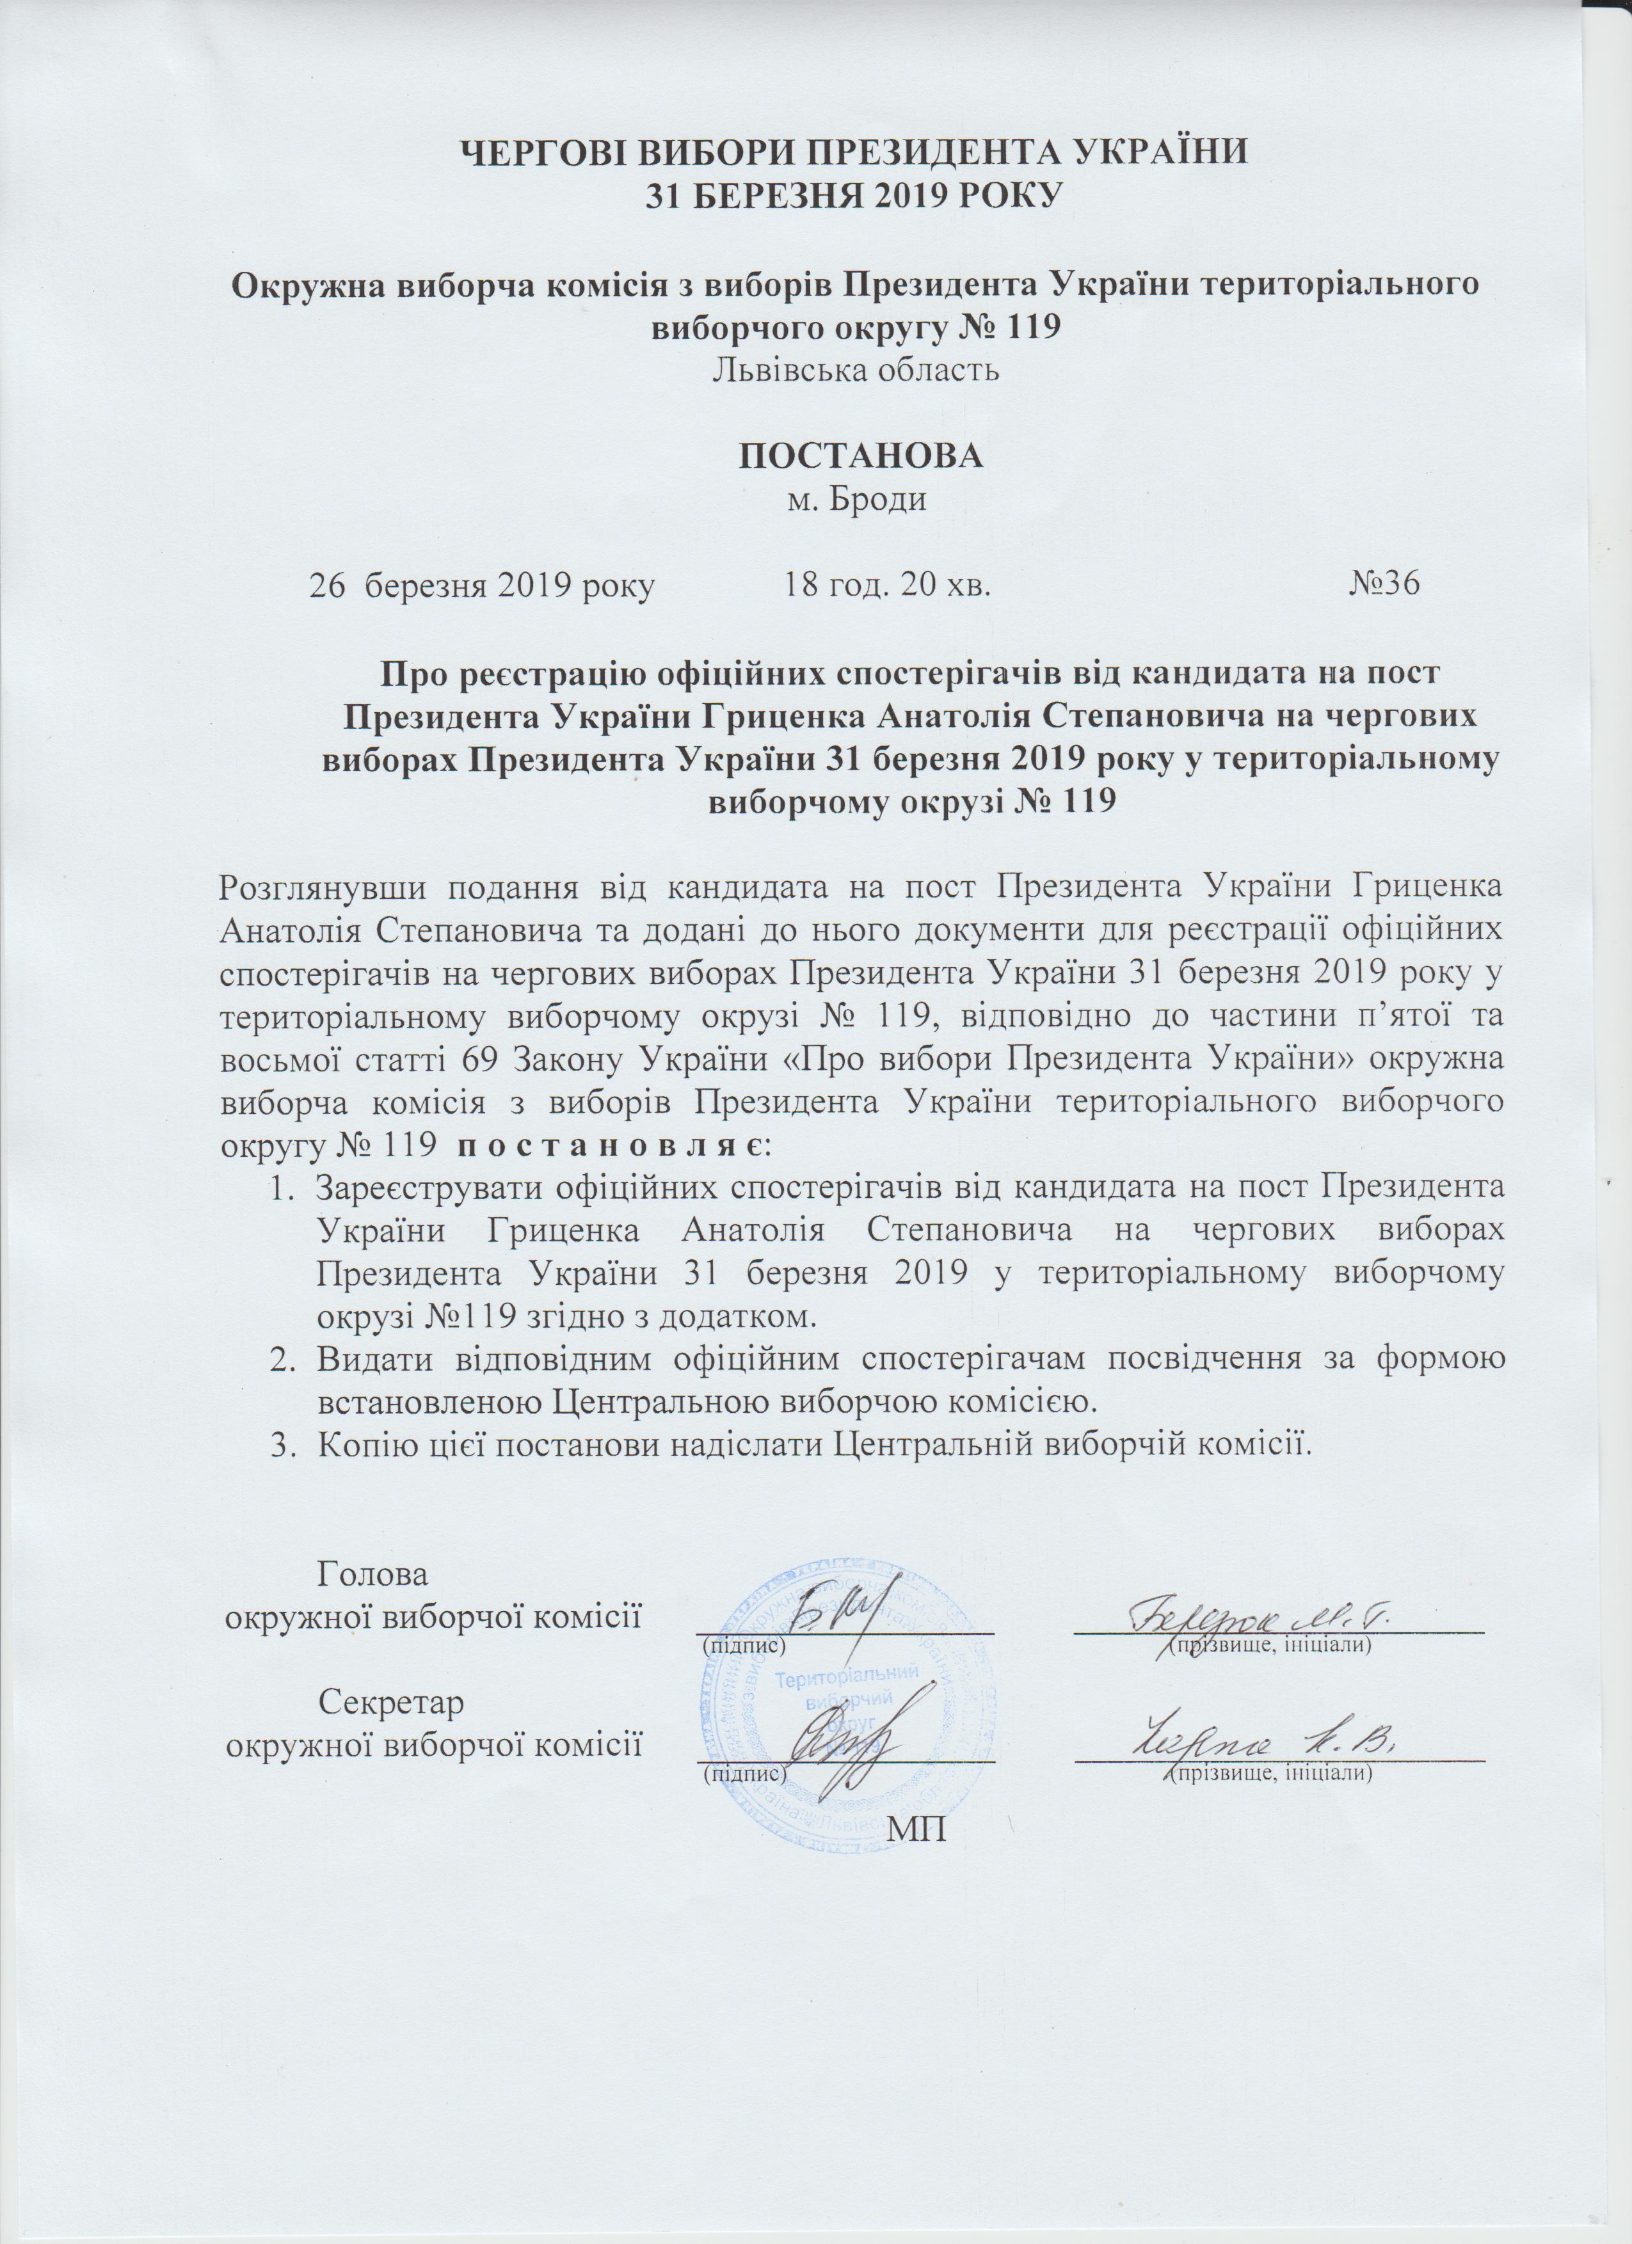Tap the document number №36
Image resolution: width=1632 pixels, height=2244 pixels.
[x=1384, y=584]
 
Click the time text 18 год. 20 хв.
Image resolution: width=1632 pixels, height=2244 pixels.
[x=888, y=584]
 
